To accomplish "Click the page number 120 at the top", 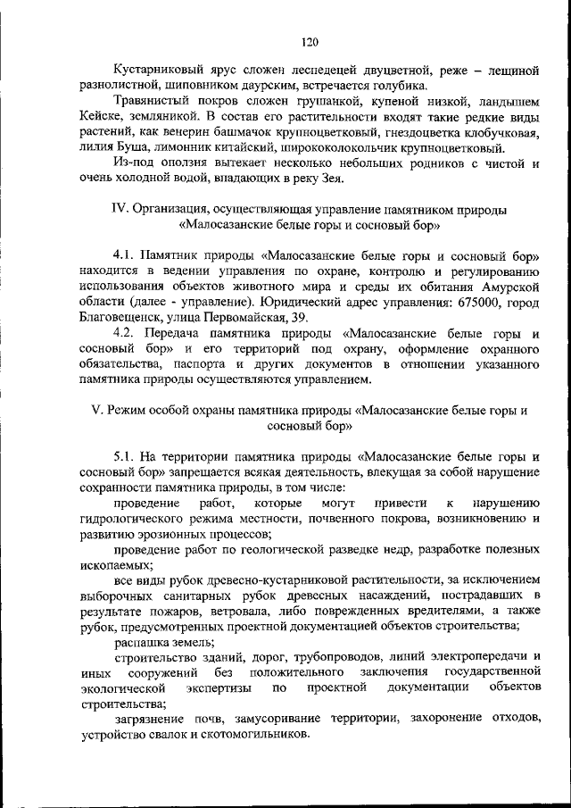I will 310,42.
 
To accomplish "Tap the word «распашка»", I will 147,641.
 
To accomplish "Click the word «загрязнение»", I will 153,720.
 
